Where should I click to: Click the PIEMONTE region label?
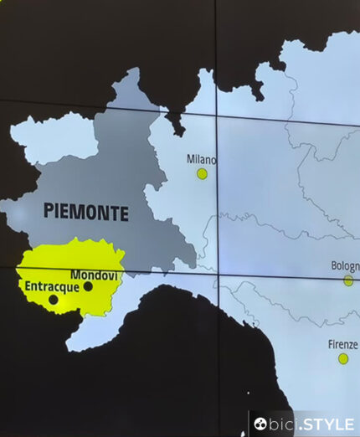coord(86,212)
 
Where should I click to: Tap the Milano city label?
coord(201,159)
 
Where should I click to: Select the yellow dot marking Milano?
coord(202,174)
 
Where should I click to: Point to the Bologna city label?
coord(345,266)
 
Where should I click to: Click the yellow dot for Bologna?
coord(348,281)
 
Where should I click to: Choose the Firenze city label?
coord(343,344)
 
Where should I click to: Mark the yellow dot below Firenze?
coord(343,358)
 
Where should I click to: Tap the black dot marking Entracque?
coord(54,299)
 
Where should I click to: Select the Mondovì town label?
coord(97,275)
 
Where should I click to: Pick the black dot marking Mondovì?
coord(88,286)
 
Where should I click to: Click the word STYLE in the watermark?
coord(328,424)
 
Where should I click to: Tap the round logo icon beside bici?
coord(260,424)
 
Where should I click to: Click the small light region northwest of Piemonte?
coord(50,138)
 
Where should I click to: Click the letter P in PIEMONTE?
coord(49,212)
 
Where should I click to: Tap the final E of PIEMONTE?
coord(124,213)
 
